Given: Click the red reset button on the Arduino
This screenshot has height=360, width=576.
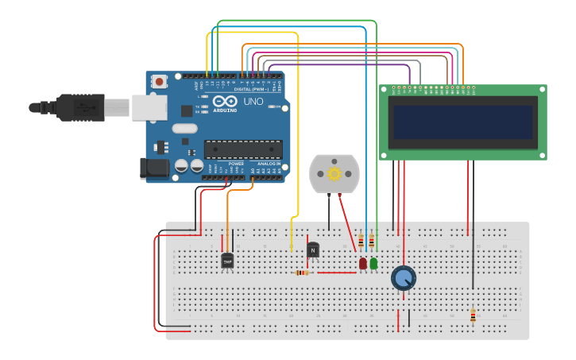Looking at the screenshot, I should pyautogui.click(x=160, y=81).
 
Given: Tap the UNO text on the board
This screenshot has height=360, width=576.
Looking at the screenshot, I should pyautogui.click(x=253, y=102).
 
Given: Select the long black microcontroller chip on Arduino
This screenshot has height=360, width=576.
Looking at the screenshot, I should pyautogui.click(x=243, y=149).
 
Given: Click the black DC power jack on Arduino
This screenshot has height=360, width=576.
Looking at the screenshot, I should pyautogui.click(x=153, y=167).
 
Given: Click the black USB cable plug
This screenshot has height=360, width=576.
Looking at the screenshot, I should pyautogui.click(x=79, y=106).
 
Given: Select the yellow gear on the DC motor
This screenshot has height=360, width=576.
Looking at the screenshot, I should pyautogui.click(x=334, y=173).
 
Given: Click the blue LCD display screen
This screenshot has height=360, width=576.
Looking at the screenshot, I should pyautogui.click(x=462, y=122).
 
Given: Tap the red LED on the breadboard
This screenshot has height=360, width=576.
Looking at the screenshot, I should pyautogui.click(x=363, y=262).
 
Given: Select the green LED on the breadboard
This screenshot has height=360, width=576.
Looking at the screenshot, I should pyautogui.click(x=373, y=262).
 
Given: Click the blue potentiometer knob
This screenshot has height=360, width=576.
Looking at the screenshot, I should pyautogui.click(x=404, y=278).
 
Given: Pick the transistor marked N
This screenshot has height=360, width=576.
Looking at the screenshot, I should pyautogui.click(x=313, y=251).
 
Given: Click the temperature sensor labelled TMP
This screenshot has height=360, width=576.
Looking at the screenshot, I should pyautogui.click(x=227, y=261).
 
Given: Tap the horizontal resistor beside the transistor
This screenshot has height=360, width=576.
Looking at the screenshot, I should pyautogui.click(x=303, y=273).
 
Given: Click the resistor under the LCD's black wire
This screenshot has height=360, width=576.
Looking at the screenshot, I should pyautogui.click(x=473, y=315).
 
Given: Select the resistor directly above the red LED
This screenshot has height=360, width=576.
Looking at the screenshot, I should pyautogui.click(x=361, y=240).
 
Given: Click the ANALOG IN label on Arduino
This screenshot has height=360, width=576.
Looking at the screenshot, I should pyautogui.click(x=268, y=164).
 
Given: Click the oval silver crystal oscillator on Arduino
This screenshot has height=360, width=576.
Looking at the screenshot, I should pyautogui.click(x=184, y=128).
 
